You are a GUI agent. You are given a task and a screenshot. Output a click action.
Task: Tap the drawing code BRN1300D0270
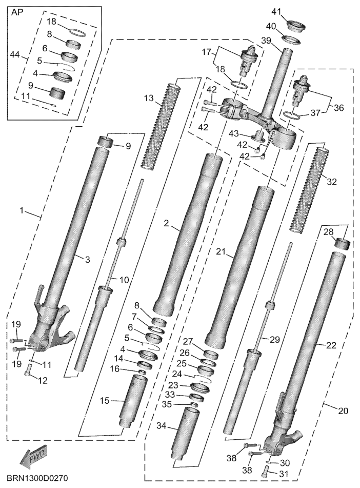tap(37, 478)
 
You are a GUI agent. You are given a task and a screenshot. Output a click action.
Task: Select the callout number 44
tap(15, 55)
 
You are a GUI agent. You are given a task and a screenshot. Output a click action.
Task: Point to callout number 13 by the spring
tap(149, 99)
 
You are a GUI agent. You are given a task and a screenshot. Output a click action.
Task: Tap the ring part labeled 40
tap(292, 41)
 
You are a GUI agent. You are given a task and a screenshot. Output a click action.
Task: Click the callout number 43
tap(234, 133)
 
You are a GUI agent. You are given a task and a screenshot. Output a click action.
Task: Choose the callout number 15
tap(105, 401)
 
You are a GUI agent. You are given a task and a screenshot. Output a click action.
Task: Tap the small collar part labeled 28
tap(342, 244)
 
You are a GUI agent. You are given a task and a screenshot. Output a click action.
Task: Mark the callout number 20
tap(343, 411)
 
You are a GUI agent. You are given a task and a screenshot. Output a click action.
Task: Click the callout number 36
tap(338, 108)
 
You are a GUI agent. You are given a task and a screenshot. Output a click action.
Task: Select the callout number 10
tap(124, 280)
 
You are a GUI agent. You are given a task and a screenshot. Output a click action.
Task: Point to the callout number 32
tap(332, 182)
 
